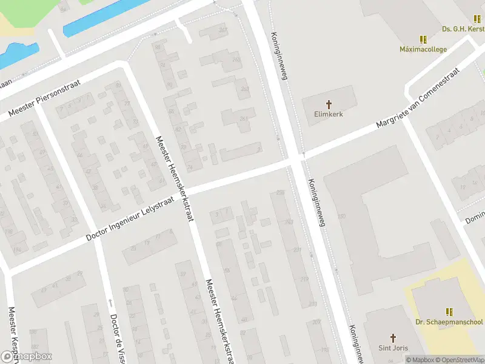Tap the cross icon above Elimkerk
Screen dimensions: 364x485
[329, 104]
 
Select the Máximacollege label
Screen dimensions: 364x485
[423, 49]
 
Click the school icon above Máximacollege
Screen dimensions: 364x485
[423, 39]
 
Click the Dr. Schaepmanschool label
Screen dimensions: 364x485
[449, 322]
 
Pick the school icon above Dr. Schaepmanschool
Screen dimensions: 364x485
[449, 312]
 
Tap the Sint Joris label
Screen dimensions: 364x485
[393, 348]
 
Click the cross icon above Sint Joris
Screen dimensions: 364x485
[393, 338]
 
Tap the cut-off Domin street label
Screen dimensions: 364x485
[473, 217]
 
